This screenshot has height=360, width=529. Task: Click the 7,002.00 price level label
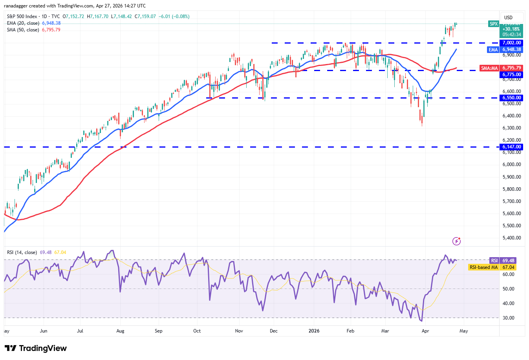pyautogui.click(x=512, y=43)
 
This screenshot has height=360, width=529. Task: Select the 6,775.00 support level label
pyautogui.click(x=512, y=75)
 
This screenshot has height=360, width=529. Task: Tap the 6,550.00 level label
pyautogui.click(x=512, y=98)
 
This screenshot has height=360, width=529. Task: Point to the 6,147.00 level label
pyautogui.click(x=512, y=147)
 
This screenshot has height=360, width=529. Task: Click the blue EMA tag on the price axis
pyautogui.click(x=493, y=50)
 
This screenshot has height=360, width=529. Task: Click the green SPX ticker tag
pyautogui.click(x=493, y=24)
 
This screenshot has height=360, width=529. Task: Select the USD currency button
pyautogui.click(x=509, y=18)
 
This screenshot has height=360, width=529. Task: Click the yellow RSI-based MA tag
pyautogui.click(x=483, y=267)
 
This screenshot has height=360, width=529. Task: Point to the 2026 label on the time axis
pyautogui.click(x=314, y=331)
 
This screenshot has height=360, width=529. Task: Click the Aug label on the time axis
pyautogui.click(x=120, y=331)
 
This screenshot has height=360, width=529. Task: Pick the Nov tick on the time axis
pyautogui.click(x=239, y=331)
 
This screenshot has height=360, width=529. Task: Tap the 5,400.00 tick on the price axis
pyautogui.click(x=512, y=238)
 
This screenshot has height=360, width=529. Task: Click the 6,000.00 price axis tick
pyautogui.click(x=512, y=164)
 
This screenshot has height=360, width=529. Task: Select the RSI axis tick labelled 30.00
pyautogui.click(x=509, y=318)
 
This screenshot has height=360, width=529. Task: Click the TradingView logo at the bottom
pyautogui.click(x=36, y=348)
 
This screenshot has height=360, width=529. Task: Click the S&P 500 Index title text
pyautogui.click(x=22, y=16)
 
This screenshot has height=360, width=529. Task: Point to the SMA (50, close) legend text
pyautogui.click(x=23, y=30)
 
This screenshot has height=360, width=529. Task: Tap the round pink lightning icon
pyautogui.click(x=456, y=241)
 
